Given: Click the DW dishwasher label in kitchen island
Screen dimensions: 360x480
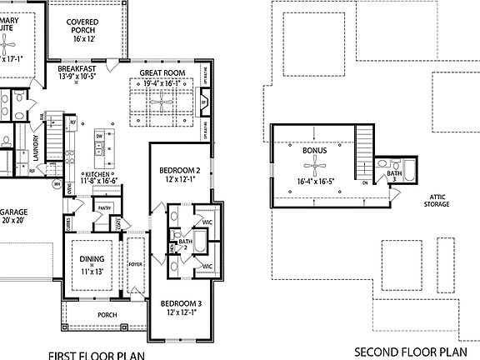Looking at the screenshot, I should click(x=98, y=135).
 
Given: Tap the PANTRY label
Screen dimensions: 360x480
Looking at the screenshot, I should click(x=105, y=207).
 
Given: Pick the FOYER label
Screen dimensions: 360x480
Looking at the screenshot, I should click(x=135, y=264).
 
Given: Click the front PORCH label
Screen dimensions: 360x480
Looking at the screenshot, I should click(x=106, y=315).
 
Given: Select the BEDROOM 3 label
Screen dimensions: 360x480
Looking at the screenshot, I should click(x=181, y=302).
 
